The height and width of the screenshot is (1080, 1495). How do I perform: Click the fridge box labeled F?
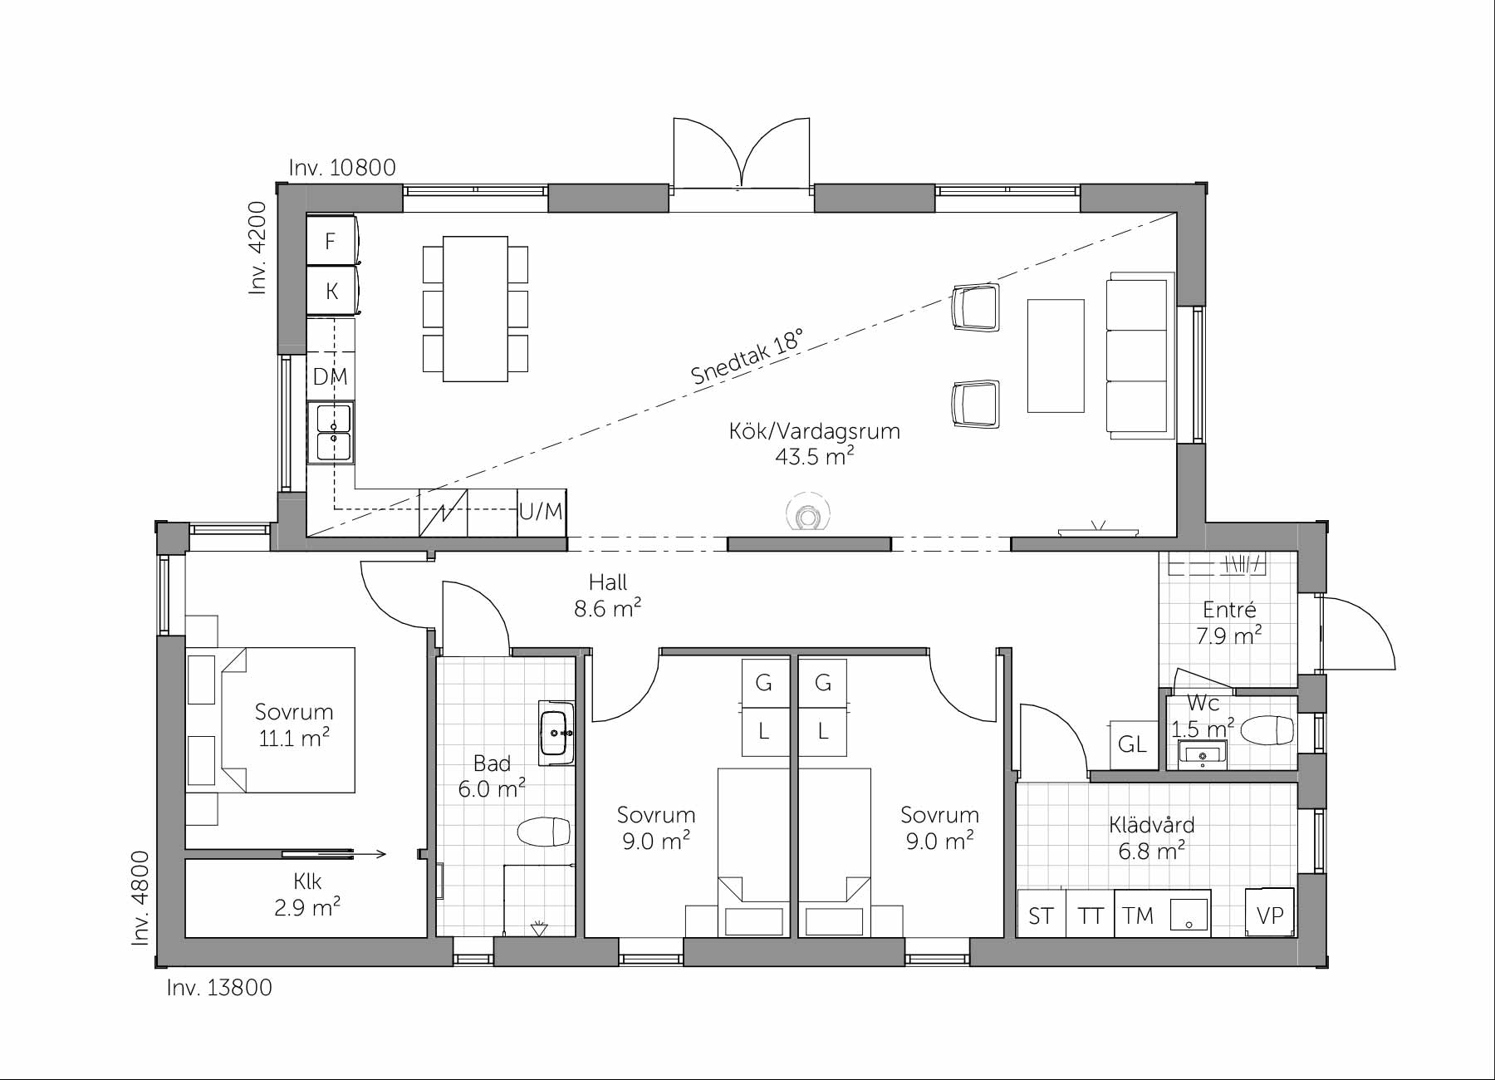coord(331,241)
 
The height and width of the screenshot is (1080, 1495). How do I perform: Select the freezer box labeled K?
coord(331,291)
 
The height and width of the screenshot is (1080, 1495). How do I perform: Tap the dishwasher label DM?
coord(330,376)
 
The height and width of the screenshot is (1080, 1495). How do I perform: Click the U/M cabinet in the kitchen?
coord(541,512)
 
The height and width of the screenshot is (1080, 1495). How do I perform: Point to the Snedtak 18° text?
coord(747,356)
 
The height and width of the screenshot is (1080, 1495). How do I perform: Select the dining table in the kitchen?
coord(475,308)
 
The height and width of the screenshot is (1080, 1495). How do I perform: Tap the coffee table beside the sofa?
coord(1056,356)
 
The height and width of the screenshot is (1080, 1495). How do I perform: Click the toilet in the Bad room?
coord(544,832)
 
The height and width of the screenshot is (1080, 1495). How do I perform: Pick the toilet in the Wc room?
coord(1266,731)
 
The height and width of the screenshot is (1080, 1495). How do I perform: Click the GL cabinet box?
coord(1133,744)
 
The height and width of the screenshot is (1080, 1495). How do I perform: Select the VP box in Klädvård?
coord(1270,914)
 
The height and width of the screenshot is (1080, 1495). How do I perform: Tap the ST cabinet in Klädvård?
coord(1041,916)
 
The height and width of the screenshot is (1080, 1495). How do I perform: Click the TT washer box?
coord(1090,916)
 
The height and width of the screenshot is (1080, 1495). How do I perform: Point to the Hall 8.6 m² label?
coord(607,596)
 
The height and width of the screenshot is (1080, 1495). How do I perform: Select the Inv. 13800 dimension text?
coord(219,987)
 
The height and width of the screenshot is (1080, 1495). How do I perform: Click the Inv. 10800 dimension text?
coord(342,168)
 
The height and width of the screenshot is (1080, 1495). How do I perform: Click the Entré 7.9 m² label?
coord(1229,622)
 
